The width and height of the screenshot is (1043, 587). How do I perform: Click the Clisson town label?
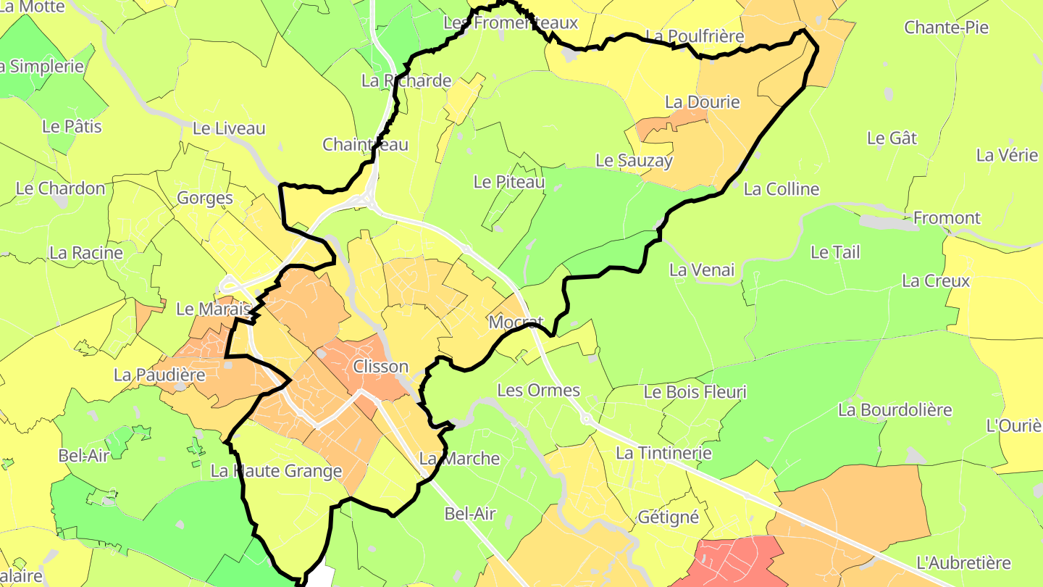pyautogui.click(x=380, y=367)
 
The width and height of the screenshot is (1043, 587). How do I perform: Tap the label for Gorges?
pyautogui.click(x=205, y=198)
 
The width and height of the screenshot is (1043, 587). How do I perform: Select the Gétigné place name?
pyautogui.click(x=668, y=517)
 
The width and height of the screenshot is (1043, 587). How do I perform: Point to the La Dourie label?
pyautogui.click(x=703, y=102)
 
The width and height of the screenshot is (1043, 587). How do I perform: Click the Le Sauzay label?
pyautogui.click(x=634, y=160)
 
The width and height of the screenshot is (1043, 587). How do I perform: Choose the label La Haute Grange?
pyautogui.click(x=276, y=471)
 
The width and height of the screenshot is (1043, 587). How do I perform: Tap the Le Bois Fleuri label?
pyautogui.click(x=695, y=392)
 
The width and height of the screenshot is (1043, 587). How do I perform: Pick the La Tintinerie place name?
pyautogui.click(x=663, y=453)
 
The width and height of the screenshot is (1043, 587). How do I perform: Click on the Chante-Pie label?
pyautogui.click(x=946, y=28)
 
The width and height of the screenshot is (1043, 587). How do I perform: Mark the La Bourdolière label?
pyautogui.click(x=895, y=409)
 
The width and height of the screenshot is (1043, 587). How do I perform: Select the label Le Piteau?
pyautogui.click(x=508, y=181)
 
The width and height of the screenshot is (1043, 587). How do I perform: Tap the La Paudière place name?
pyautogui.click(x=160, y=375)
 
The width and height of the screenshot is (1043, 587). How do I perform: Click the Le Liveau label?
pyautogui.click(x=229, y=129)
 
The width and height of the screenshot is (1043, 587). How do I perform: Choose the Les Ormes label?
pyautogui.click(x=538, y=390)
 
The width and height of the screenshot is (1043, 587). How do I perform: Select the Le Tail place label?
pyautogui.click(x=835, y=252)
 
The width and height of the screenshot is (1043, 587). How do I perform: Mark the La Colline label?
pyautogui.click(x=782, y=189)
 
